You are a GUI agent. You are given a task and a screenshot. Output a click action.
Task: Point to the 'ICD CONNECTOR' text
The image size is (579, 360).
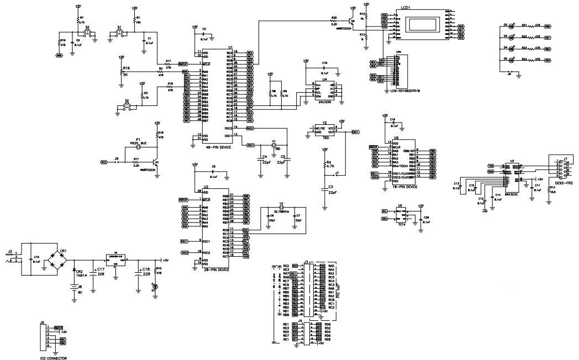[54, 358]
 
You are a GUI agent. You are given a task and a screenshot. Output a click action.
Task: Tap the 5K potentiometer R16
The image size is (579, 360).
[121, 72]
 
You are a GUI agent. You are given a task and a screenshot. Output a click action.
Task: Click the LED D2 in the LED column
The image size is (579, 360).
[512, 26]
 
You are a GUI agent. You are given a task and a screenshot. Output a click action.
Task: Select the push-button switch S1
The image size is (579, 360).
[120, 34]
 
